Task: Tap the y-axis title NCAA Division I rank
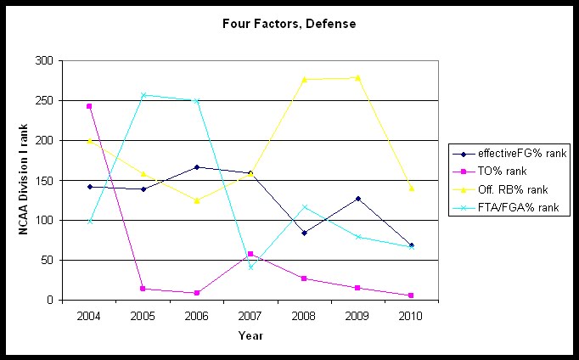[25, 180]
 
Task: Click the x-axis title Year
[250, 335]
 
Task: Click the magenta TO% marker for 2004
[89, 106]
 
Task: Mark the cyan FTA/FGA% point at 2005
[143, 95]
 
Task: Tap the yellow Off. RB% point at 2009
[358, 77]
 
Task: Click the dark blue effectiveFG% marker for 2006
[197, 167]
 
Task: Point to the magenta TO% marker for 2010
[412, 295]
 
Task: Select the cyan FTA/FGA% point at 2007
[250, 267]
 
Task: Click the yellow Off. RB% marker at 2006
[197, 200]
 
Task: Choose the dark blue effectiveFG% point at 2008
[304, 233]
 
